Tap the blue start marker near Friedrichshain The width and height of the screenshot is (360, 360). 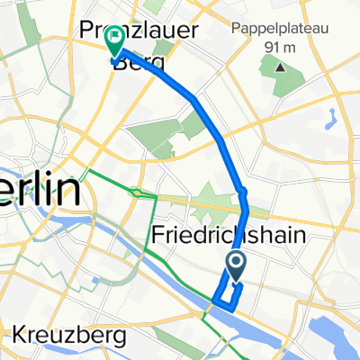tap(237, 263)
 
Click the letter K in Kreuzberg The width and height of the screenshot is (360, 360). tap(18, 335)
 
